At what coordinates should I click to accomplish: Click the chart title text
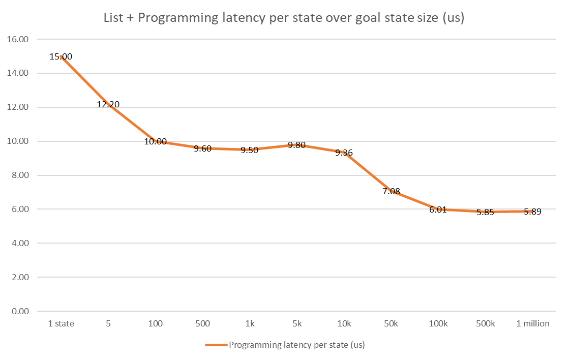point(284,19)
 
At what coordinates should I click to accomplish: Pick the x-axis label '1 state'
point(61,323)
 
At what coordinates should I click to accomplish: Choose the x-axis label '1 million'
point(532,323)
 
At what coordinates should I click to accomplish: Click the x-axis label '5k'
point(297,323)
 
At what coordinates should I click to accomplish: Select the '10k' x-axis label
point(344,323)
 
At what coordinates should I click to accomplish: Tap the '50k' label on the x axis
point(391,323)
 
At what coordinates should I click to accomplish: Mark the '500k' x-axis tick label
point(485,323)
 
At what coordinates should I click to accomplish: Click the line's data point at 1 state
point(61,56)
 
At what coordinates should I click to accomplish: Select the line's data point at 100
point(156,141)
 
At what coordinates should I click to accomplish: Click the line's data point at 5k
point(297,144)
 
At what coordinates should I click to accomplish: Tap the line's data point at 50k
point(391,192)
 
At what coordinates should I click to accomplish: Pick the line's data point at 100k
point(438,209)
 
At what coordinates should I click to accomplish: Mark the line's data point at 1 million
point(532,212)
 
